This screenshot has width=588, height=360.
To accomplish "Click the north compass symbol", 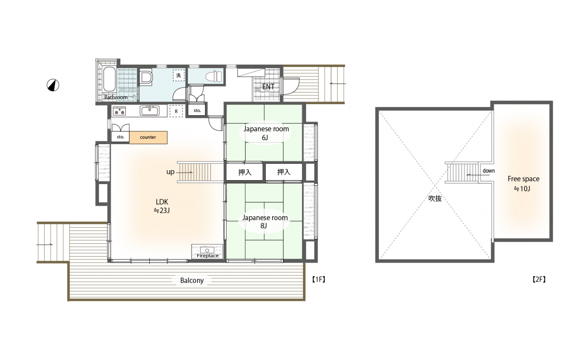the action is click(53, 85).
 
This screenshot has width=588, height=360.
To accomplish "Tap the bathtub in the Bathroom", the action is click(109, 79).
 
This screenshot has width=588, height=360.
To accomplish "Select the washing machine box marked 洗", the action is click(178, 76).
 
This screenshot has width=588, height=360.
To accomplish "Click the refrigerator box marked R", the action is click(176, 111).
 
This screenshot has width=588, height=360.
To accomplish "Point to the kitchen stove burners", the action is click(119, 111).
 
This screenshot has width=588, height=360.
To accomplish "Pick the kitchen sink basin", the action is click(149, 110).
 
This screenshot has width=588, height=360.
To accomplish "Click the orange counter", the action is click(148, 137).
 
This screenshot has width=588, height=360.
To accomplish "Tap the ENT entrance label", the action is click(268, 87).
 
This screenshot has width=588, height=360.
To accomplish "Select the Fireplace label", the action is click(207, 255).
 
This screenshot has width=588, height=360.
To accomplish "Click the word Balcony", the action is click(192, 280).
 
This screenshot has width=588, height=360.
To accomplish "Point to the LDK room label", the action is click(162, 202).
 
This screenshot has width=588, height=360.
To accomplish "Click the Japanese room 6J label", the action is click(266, 133).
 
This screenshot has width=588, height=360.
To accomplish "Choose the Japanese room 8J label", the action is click(265, 221).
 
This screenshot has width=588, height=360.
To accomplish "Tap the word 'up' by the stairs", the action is click(171, 172).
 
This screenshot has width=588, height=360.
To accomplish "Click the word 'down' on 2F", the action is click(488, 170).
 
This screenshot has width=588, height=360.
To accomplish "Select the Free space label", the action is click(523, 179).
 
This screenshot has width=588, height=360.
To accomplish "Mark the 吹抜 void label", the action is click(435, 198).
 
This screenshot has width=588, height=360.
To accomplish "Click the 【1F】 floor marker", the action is click(319, 279).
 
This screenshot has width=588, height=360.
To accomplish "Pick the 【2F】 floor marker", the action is click(539, 279).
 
